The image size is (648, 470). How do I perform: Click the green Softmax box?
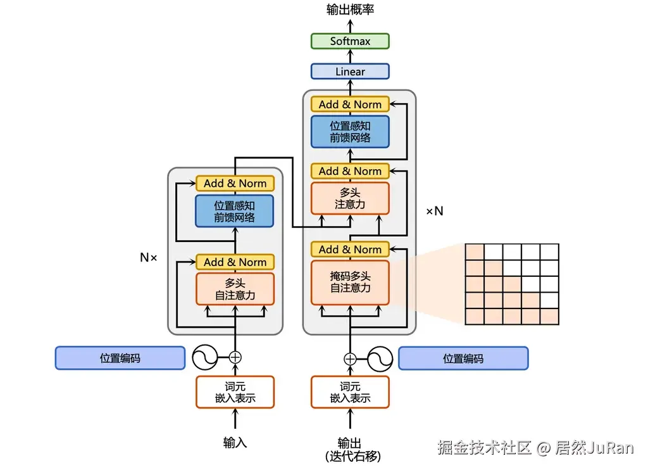350,41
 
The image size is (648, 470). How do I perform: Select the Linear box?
350,72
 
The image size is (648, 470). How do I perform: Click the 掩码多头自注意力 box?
350,282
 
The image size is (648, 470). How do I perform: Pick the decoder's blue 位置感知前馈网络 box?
350,131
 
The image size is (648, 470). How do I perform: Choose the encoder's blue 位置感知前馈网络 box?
235,211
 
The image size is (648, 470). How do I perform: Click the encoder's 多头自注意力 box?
235,289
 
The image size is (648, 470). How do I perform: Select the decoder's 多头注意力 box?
350,198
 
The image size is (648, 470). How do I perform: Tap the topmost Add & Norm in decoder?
350,105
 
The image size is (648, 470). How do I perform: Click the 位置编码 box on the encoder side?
120,358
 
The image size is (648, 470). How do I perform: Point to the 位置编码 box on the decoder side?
463,358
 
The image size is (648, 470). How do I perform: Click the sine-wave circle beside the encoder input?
206,357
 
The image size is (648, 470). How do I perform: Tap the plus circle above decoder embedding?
350,359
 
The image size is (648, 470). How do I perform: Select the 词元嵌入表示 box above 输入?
235,392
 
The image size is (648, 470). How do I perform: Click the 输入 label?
235,443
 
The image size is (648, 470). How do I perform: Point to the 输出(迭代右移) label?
350,449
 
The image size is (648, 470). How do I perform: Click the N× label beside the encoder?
148,258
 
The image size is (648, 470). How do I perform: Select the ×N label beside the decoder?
434,211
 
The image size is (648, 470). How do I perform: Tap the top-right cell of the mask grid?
549,251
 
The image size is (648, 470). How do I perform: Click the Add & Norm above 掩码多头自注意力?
350,250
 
